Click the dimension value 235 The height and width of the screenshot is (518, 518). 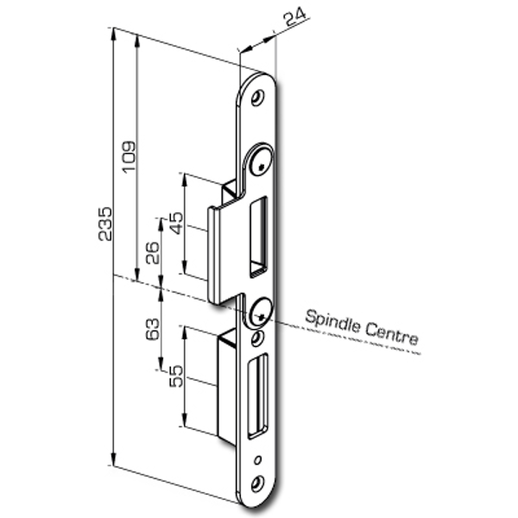[x=105, y=224]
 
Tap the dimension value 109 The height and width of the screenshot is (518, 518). [x=129, y=156]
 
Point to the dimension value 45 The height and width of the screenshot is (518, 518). [x=175, y=223]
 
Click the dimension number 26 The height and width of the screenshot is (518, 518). [x=152, y=253]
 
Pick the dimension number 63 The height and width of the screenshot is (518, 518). [x=152, y=329]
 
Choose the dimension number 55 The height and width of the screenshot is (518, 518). [x=175, y=376]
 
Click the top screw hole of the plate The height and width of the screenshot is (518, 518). [x=256, y=98]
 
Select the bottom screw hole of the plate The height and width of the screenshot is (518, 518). [x=256, y=484]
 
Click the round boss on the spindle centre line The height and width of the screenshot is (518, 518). [x=260, y=313]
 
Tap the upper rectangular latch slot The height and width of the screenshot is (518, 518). [x=259, y=237]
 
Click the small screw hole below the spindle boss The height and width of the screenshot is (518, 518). [x=256, y=339]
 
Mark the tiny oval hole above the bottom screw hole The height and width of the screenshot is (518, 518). [x=258, y=460]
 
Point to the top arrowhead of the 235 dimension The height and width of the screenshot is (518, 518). [x=114, y=34]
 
